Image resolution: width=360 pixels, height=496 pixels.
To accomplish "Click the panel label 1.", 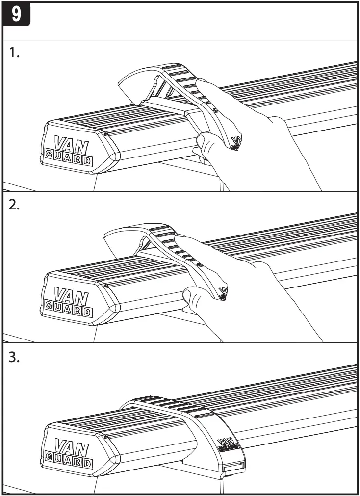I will pos(15,54).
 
